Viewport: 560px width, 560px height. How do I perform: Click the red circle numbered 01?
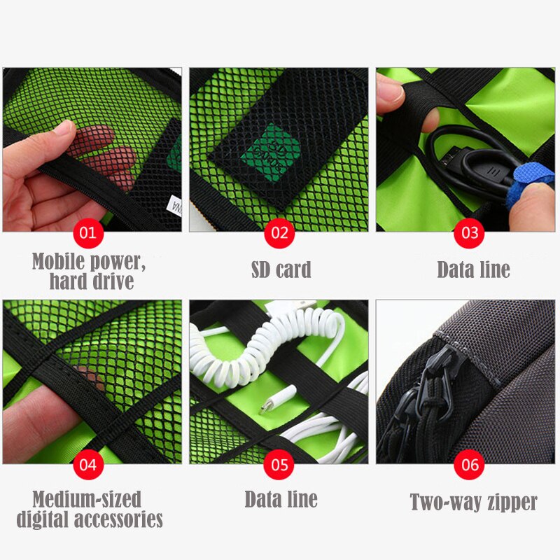[88, 232]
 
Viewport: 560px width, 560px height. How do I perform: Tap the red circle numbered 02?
[279, 232]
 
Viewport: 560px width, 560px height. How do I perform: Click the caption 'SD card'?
[281, 269]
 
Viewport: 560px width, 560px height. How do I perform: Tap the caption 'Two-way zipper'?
[473, 502]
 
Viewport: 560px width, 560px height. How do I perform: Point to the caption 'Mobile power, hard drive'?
[89, 271]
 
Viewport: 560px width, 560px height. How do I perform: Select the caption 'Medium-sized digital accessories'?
[89, 510]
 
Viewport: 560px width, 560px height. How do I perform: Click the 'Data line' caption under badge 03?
[473, 269]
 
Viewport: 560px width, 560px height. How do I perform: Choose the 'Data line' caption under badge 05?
[281, 499]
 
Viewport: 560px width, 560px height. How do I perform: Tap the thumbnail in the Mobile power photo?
[64, 129]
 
